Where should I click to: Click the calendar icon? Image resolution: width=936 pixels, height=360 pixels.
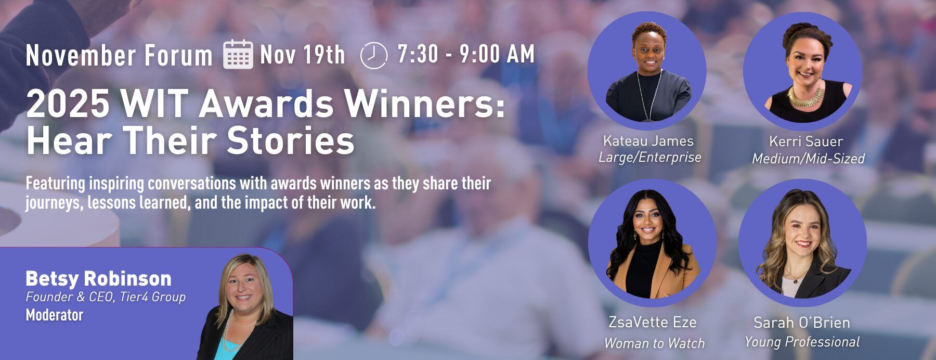click(238, 54)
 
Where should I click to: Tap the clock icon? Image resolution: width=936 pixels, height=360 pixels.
click(374, 55)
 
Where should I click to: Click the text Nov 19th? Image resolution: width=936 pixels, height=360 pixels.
click(303, 55)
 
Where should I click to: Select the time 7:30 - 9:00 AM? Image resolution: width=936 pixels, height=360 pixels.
click(466, 54)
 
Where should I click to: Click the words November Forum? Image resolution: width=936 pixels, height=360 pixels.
click(119, 56)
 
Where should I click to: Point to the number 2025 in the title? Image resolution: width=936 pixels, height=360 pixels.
click(68, 104)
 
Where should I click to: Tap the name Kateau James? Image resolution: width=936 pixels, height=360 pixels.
click(648, 141)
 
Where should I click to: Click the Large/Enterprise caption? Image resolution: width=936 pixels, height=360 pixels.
click(650, 158)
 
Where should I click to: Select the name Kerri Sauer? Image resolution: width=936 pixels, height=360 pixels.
click(806, 142)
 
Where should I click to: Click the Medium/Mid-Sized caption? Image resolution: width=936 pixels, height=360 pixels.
click(809, 159)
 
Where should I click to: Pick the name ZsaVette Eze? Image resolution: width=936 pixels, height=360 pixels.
click(653, 323)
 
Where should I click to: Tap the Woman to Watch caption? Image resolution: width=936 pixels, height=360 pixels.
click(655, 343)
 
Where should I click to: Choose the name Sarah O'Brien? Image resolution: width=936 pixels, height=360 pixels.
click(802, 323)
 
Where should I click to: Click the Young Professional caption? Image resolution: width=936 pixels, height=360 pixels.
click(802, 342)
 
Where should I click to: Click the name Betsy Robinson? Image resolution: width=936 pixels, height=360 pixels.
click(98, 279)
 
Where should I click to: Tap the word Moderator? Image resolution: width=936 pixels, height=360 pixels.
click(55, 315)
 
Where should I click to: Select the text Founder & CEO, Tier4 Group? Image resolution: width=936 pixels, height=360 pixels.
click(106, 297)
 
